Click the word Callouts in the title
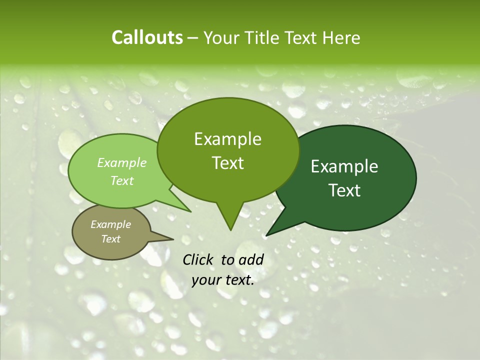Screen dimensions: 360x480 (147, 37)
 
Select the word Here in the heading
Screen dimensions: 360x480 (342, 37)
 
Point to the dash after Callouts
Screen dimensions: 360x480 (193, 38)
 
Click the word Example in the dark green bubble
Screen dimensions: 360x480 (344, 166)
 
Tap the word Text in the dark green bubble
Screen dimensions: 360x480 (344, 190)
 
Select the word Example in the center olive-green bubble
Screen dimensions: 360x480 (227, 139)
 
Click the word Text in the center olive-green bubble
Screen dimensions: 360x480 (227, 163)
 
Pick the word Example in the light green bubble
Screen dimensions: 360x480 (122, 162)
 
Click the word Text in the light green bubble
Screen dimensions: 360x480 (122, 180)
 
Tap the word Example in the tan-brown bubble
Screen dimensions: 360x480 (111, 224)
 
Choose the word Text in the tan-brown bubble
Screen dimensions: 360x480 (111, 239)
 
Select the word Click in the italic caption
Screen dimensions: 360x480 (198, 259)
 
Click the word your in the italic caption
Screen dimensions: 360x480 (205, 280)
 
